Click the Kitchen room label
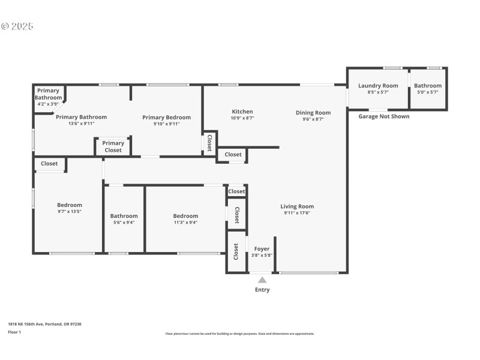click(x=242, y=112)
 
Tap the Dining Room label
click(x=313, y=112)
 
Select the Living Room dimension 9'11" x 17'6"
click(x=297, y=213)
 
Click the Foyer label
click(x=262, y=248)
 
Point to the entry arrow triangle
click(x=262, y=280)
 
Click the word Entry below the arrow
click(x=262, y=290)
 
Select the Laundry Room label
click(x=378, y=86)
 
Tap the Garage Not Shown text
click(x=383, y=116)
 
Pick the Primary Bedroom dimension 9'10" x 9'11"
click(x=166, y=124)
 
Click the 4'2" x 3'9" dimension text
click(x=48, y=104)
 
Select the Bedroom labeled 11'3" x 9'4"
click(x=185, y=216)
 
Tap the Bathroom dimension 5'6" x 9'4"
click(x=124, y=223)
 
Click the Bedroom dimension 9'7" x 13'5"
click(x=70, y=211)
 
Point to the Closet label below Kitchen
click(x=233, y=155)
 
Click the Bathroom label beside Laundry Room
click(x=427, y=86)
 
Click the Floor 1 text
click(x=14, y=332)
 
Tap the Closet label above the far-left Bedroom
click(x=49, y=164)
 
